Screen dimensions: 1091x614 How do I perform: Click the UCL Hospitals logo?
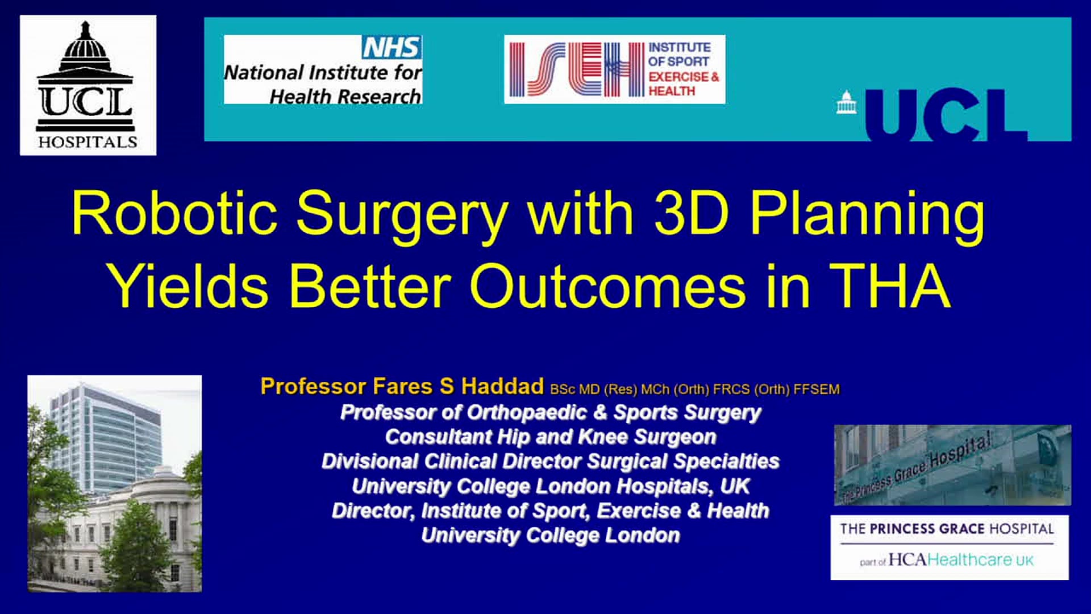click(x=88, y=85)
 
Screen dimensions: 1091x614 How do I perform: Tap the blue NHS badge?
click(x=392, y=47)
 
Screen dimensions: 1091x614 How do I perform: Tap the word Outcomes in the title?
click(x=607, y=286)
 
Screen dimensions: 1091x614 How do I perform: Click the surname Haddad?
click(x=502, y=387)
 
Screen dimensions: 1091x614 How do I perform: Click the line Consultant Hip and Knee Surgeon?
click(x=551, y=437)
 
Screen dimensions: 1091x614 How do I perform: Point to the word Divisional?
click(x=370, y=461)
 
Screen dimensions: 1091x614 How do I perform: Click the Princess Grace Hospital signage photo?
click(x=952, y=465)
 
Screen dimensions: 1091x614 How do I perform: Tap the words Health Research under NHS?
click(x=345, y=97)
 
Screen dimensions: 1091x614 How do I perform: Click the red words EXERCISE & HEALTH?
click(x=684, y=84)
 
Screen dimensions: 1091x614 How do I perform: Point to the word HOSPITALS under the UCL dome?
click(x=88, y=142)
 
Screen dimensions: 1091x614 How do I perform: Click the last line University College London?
click(x=551, y=536)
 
